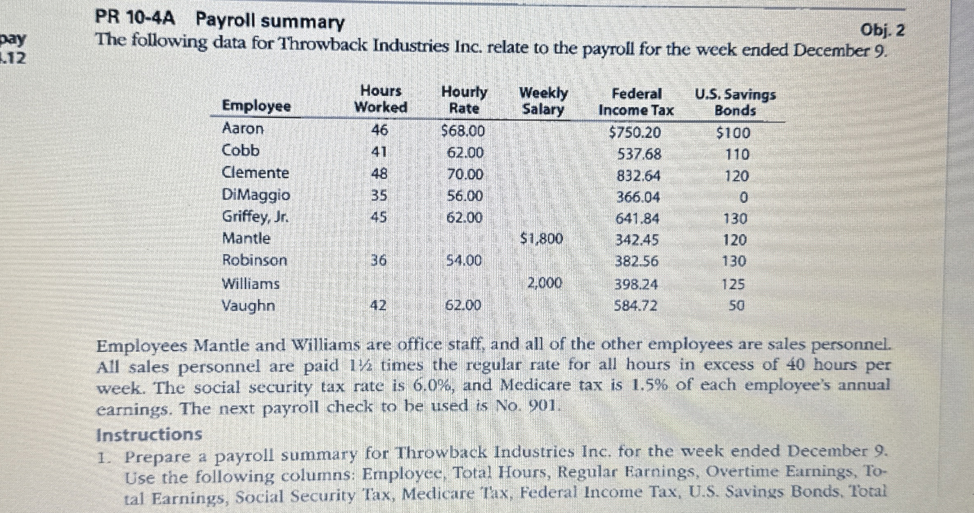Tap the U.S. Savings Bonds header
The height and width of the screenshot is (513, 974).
pos(735,102)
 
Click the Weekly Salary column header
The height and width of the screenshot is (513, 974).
pos(543,101)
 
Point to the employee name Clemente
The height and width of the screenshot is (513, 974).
pos(255,173)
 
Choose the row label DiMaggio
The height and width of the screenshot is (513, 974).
pos(256,195)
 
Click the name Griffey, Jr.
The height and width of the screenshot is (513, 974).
pos(255,216)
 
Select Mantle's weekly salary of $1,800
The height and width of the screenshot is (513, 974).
pos(542,238)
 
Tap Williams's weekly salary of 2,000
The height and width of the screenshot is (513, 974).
pos(544,283)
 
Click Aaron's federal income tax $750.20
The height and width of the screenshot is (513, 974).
pos(634,133)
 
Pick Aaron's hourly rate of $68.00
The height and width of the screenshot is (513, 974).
pos(463,131)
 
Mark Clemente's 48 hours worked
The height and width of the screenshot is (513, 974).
pos(379,173)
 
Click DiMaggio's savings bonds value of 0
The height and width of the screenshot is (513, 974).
pos(743,198)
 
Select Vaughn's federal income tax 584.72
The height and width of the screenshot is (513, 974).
pos(636,305)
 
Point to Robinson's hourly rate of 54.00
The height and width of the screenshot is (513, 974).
pos(463,260)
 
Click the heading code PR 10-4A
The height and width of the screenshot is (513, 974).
pos(135,18)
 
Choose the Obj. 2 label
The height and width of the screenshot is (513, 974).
pos(882,31)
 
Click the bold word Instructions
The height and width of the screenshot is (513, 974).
pos(149,434)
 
